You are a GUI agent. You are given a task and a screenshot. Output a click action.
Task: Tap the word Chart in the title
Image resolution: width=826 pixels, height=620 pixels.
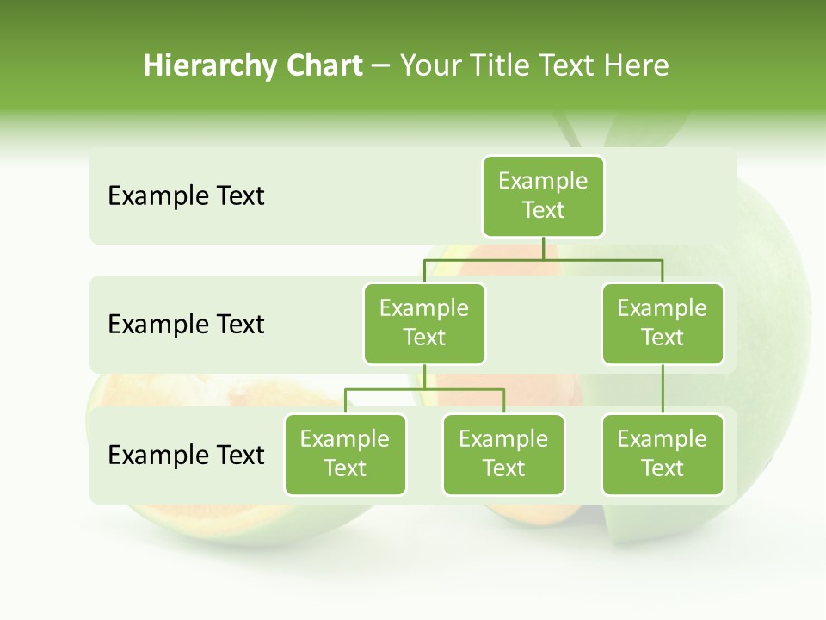324,66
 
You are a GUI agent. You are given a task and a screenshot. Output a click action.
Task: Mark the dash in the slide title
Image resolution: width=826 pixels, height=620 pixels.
380,66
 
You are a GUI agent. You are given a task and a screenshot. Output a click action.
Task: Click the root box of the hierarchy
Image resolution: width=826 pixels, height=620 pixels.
543,195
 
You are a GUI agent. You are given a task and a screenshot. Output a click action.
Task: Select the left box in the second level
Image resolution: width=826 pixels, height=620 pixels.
424,323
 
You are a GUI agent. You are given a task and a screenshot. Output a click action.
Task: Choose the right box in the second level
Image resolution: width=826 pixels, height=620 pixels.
663,323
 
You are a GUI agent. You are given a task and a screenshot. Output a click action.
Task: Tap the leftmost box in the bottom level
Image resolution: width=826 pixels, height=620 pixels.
345,454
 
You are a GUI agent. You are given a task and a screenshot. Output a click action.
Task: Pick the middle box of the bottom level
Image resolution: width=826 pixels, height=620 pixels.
503,454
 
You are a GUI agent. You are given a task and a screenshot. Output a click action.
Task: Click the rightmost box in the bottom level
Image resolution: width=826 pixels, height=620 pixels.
663,454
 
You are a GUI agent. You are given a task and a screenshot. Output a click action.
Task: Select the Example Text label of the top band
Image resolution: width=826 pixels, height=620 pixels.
186,195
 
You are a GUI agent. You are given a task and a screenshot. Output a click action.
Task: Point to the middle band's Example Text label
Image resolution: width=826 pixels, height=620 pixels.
186,324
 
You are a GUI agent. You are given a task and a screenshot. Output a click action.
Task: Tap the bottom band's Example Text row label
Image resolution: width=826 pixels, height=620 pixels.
186,455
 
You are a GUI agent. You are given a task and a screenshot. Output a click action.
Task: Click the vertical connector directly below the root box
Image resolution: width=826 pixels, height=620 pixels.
543,248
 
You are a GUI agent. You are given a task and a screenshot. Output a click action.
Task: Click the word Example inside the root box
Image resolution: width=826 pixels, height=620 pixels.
543,181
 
